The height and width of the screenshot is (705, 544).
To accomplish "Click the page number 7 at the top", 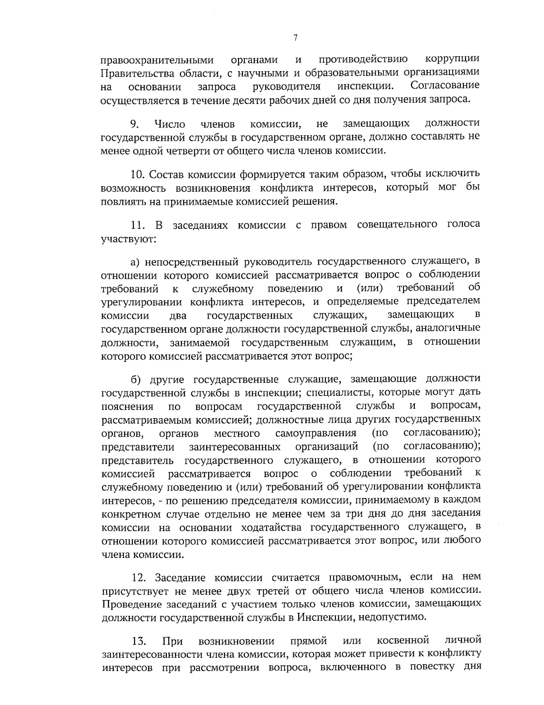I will coord(295,38).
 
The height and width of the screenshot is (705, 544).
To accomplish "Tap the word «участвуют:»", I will coord(129,238).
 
